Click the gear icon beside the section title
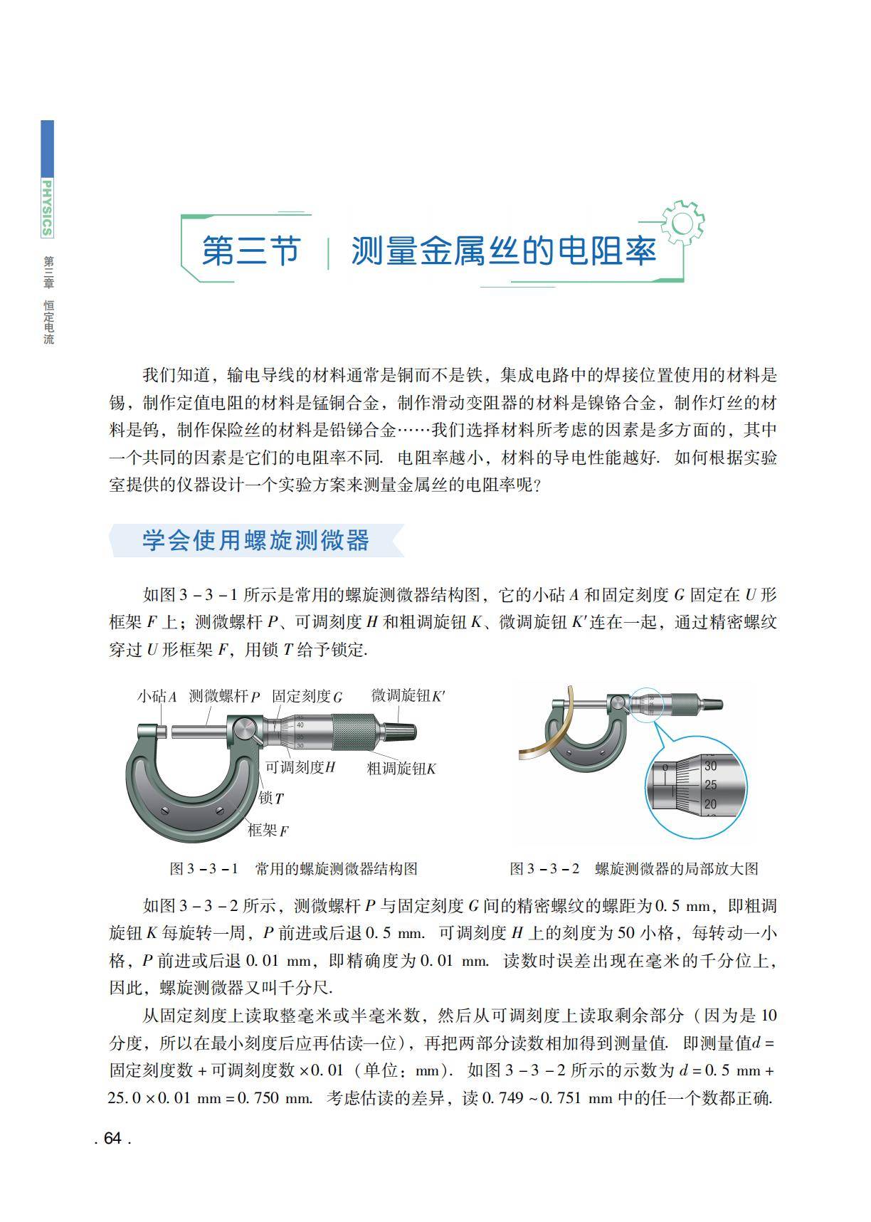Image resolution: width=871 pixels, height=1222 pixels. (x=682, y=223)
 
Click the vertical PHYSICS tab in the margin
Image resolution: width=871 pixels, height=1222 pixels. (x=47, y=207)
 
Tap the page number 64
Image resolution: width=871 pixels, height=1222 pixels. (x=112, y=1138)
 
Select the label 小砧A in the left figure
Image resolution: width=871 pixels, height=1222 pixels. (x=157, y=696)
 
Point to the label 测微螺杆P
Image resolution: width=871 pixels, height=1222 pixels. (x=225, y=696)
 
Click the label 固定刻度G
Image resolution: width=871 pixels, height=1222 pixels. (x=307, y=696)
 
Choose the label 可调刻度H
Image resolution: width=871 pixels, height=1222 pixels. (x=300, y=767)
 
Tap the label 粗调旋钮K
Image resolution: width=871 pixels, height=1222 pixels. (x=401, y=769)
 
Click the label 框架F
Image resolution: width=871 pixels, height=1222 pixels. (x=268, y=830)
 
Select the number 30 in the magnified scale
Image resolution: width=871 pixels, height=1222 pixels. (x=710, y=767)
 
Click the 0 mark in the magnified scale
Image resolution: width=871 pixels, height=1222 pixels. (x=665, y=768)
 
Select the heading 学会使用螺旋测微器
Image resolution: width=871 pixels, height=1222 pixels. (x=255, y=540)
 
